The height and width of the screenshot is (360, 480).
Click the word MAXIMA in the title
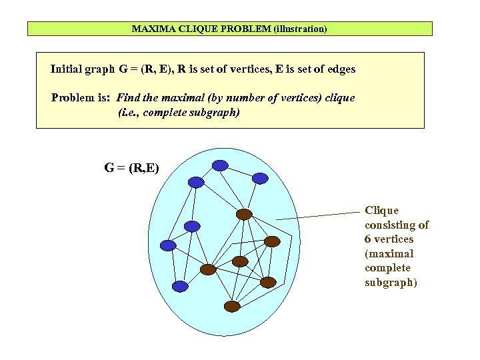150,29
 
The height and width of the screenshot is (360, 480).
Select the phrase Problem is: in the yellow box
81,98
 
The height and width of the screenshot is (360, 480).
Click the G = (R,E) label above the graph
131,168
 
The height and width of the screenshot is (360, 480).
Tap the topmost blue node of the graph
219,165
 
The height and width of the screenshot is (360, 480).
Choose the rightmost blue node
260,178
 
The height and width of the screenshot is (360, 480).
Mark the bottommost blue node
180,286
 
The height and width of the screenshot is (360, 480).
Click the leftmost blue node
168,245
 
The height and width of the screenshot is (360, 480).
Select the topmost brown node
245,215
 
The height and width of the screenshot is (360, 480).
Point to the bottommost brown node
231,306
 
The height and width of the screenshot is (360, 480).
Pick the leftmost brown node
208,269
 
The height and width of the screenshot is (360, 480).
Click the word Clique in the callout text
381,211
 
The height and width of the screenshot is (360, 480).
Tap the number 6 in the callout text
368,239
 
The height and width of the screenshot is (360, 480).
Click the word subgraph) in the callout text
391,283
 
